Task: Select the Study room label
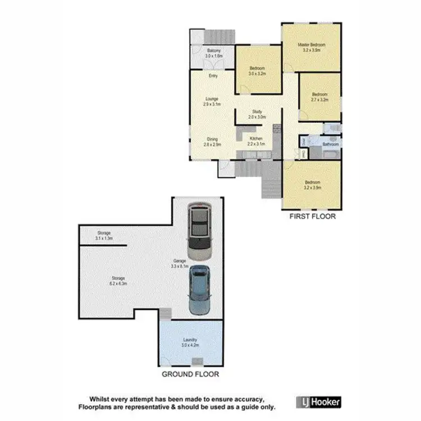tap(258, 114)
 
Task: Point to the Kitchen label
tap(256, 141)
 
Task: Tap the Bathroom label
tap(331, 144)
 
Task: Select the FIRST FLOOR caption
tap(312, 216)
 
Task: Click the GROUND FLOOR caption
tap(190, 374)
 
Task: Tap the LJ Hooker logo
tap(318, 402)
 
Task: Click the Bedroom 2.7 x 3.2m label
tap(320, 97)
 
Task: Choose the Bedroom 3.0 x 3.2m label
tap(257, 71)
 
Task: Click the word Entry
tap(213, 76)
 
